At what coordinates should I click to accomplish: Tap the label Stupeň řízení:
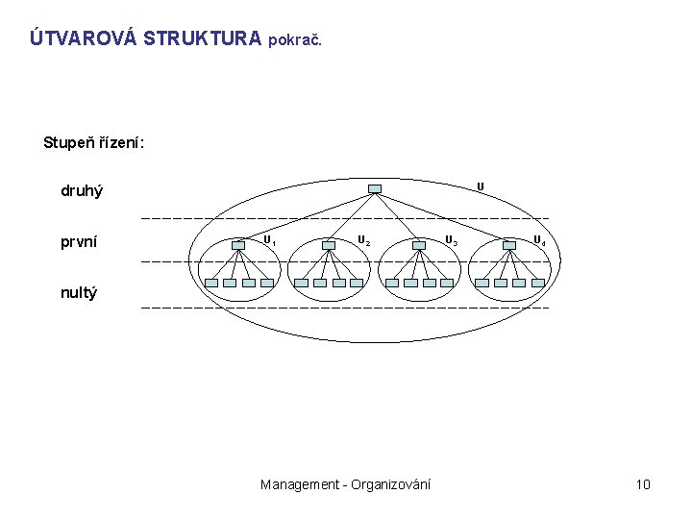click(94, 143)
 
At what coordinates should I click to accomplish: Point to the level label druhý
click(82, 191)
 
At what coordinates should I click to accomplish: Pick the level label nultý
click(79, 291)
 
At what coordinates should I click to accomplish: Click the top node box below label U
click(375, 188)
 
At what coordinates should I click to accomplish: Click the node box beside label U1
click(239, 244)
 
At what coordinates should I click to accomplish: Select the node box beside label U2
click(330, 244)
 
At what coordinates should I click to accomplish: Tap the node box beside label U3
click(419, 244)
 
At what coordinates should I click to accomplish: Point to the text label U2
click(363, 240)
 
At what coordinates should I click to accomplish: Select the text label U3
click(450, 240)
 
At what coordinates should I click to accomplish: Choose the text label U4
click(539, 240)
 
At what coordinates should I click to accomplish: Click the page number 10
click(643, 484)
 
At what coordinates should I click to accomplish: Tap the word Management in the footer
click(299, 484)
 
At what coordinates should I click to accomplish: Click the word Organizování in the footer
click(390, 484)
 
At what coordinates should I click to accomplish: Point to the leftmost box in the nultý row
click(210, 284)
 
